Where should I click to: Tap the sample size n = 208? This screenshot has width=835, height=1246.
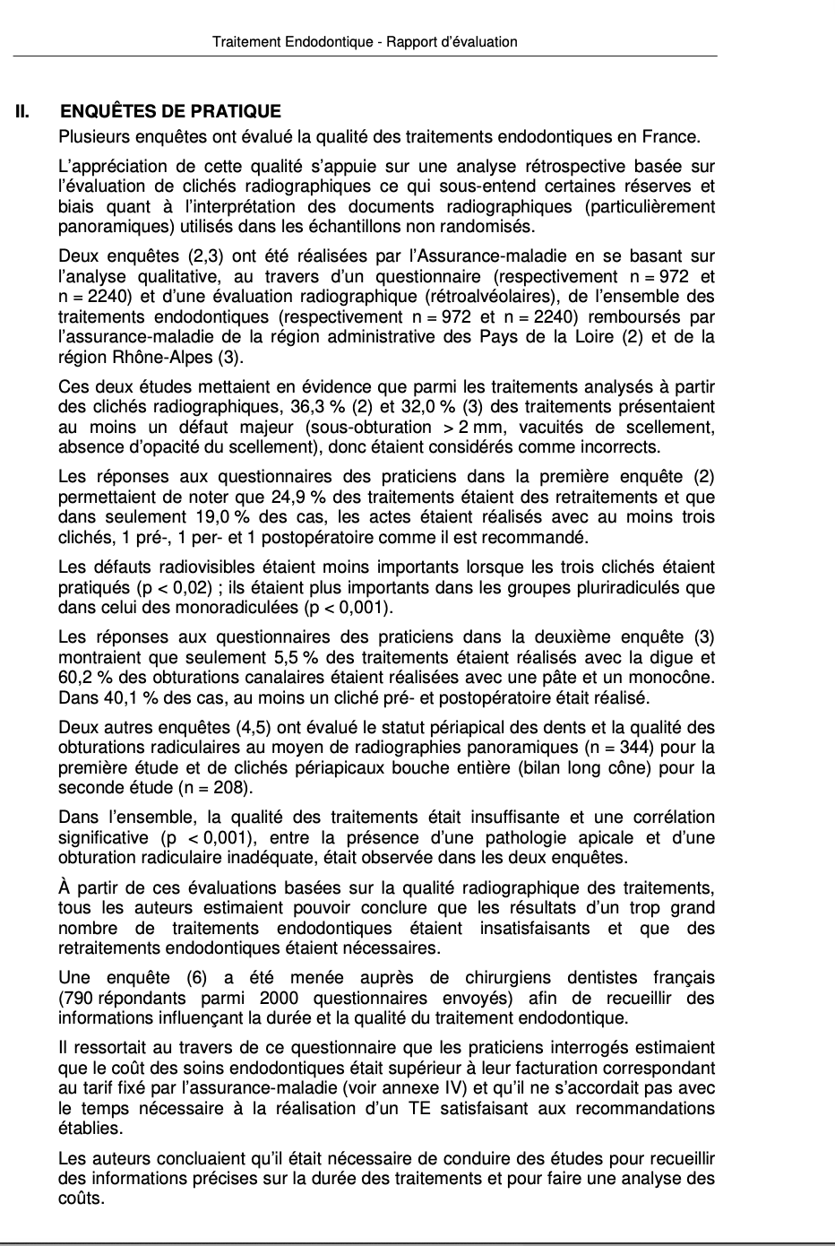point(216,788)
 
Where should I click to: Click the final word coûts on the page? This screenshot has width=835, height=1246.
point(79,1198)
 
